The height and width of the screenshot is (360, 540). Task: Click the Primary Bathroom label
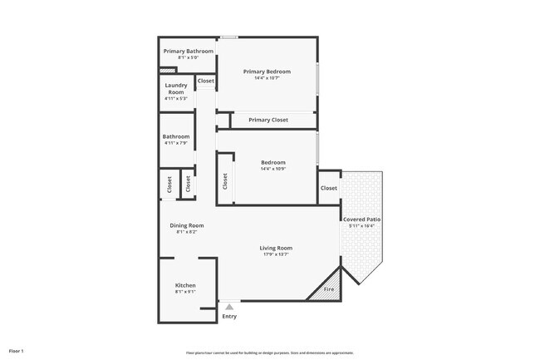[x=188, y=52]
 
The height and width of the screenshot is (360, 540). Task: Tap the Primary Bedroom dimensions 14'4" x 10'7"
[x=267, y=78]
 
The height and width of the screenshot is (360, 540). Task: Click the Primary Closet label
[x=268, y=120]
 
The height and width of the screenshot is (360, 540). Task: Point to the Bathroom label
[x=176, y=136]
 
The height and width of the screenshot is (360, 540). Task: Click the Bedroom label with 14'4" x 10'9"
[x=272, y=162]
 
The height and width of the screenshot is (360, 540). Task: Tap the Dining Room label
[x=187, y=225]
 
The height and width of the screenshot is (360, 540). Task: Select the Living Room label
[x=276, y=248]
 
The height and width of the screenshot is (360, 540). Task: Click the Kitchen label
[x=185, y=285]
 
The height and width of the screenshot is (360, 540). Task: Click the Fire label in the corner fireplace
[x=328, y=289]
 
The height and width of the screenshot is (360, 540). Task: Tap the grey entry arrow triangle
[x=229, y=307]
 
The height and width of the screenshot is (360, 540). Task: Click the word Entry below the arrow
[x=229, y=316]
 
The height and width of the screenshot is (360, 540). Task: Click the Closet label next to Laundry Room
[x=205, y=81]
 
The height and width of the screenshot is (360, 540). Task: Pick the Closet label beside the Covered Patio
[x=329, y=188]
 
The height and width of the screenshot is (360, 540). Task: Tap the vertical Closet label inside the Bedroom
[x=225, y=180]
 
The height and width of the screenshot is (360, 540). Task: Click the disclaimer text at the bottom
[x=269, y=353]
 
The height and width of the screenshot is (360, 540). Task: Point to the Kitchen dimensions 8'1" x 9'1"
[x=185, y=292]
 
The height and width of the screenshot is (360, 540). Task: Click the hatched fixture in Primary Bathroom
[x=167, y=71]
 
